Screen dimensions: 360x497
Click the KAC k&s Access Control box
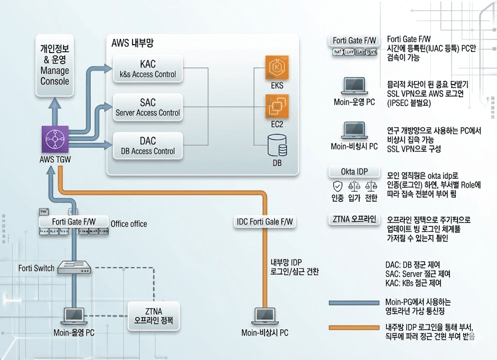click(x=148, y=69)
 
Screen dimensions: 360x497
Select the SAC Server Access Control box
click(x=148, y=107)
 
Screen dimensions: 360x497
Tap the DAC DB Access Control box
click(x=148, y=146)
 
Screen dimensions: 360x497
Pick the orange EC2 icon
click(x=277, y=106)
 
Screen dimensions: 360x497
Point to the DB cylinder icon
click(x=277, y=145)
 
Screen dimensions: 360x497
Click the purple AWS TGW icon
click(x=55, y=140)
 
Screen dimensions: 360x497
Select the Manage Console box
click(x=55, y=65)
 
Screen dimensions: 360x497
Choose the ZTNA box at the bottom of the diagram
click(x=153, y=316)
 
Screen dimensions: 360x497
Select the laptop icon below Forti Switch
click(x=74, y=316)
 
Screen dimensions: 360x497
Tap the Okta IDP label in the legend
click(x=354, y=172)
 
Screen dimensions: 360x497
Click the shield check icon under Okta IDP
click(x=337, y=186)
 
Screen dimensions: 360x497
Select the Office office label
click(x=129, y=224)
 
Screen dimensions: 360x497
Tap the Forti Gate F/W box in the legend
click(x=354, y=41)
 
